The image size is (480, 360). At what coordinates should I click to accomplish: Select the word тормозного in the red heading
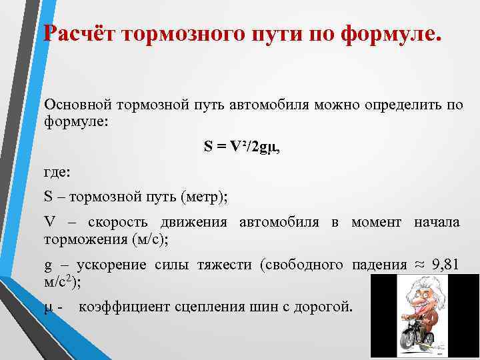(178, 34)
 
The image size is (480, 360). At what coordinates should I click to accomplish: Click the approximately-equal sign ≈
(419, 264)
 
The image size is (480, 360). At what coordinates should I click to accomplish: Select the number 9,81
(445, 265)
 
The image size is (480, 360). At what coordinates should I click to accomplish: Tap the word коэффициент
(125, 307)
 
